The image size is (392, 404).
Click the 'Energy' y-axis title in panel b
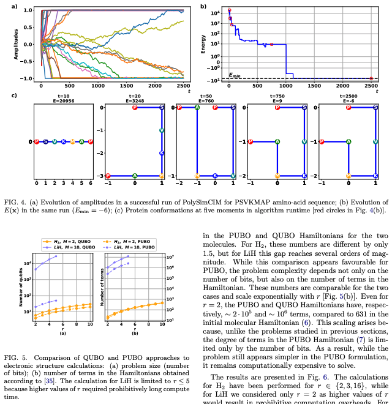[x=203, y=44]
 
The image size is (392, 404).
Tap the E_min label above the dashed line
[x=235, y=75]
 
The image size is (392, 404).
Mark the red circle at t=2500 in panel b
[x=371, y=78]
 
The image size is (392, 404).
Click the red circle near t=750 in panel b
[x=271, y=44]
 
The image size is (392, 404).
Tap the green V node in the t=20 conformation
[x=162, y=130]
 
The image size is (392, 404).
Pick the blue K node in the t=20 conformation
[x=162, y=153]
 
